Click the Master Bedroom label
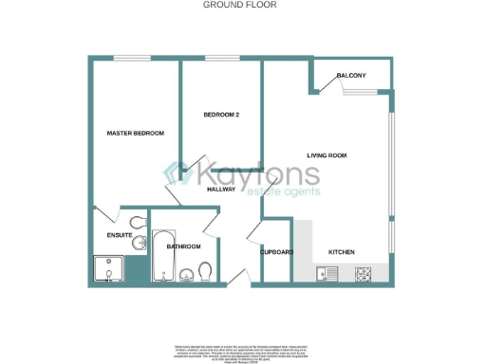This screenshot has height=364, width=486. point(135,133)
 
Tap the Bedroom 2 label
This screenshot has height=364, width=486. point(220,115)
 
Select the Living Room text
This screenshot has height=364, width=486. point(327,155)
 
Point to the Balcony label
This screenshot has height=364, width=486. point(351,75)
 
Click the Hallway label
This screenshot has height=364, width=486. point(221,190)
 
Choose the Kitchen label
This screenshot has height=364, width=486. point(342,252)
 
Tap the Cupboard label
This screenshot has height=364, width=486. point(277,252)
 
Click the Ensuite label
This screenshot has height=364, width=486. point(119,234)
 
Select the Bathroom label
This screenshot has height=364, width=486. point(184,246)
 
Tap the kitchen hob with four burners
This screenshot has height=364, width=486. point(364,274)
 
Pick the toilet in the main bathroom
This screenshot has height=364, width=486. point(203,273)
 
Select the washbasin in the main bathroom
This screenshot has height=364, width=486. point(185,276)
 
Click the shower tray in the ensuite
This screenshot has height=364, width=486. point(107,269)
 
